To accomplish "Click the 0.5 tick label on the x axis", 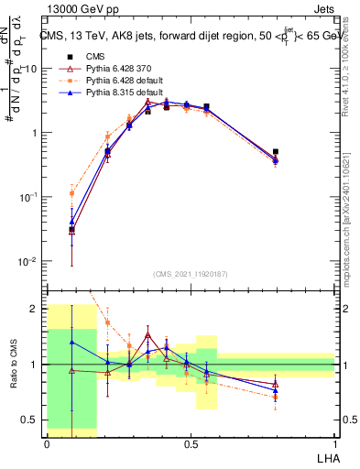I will click(191, 442).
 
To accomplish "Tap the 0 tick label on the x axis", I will click(47, 442).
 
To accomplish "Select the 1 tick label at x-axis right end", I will click(334, 442).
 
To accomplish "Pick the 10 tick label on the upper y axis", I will click(31, 69).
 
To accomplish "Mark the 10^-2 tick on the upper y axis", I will click(27, 261).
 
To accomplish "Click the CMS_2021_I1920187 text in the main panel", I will click(191, 274).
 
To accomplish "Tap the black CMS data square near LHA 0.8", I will click(276, 152).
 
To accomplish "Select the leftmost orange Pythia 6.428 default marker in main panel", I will click(72, 193).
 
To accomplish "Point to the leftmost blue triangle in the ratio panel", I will click(72, 342).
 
